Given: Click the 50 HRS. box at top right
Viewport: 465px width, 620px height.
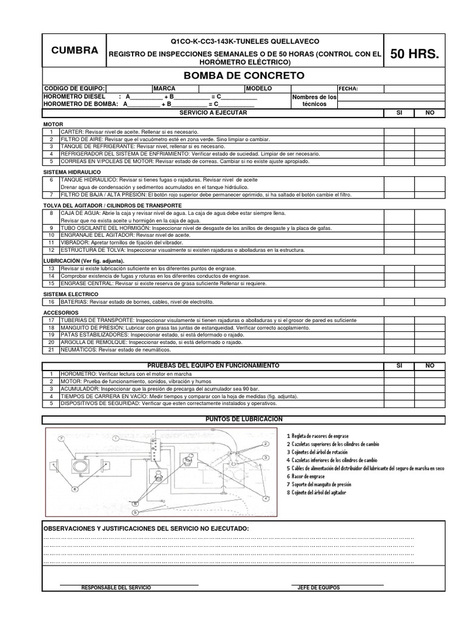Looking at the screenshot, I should pyautogui.click(x=415, y=54).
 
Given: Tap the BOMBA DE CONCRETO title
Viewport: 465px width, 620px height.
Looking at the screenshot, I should pyautogui.click(x=244, y=76).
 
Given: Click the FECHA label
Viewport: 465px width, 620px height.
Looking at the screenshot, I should pyautogui.click(x=349, y=89).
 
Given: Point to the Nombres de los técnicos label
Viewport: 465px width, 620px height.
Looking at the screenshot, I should pyautogui.click(x=314, y=101).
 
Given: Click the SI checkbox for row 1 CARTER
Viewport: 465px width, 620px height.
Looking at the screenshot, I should pyautogui.click(x=399, y=131).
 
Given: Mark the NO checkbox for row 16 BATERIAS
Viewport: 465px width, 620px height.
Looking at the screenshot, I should pyautogui.click(x=430, y=302).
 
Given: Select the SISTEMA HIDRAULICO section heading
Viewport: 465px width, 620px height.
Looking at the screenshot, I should pyautogui.click(x=72, y=172).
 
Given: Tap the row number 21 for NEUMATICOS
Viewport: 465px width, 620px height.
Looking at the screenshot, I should pyautogui.click(x=51, y=350).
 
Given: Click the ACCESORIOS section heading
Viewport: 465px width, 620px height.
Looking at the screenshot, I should pyautogui.click(x=61, y=312).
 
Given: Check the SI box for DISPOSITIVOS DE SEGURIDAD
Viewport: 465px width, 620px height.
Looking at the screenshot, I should pyautogui.click(x=399, y=403).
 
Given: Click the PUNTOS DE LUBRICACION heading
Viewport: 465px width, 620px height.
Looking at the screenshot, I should pyautogui.click(x=244, y=419).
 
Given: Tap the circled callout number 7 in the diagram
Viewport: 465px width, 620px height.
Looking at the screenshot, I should pyautogui.click(x=61, y=438).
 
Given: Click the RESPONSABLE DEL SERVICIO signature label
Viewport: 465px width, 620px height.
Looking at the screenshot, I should pyautogui.click(x=116, y=588).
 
